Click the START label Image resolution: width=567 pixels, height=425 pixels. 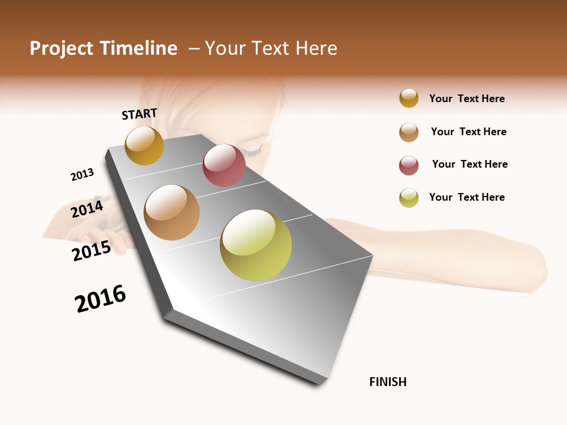(x=139, y=114)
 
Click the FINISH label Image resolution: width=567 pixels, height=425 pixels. (x=388, y=382)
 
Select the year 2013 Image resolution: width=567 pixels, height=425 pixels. (x=82, y=175)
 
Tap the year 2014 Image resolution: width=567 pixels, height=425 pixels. (x=87, y=209)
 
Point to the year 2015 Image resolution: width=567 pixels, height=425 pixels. (x=92, y=251)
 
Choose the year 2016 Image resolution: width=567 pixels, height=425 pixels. (x=100, y=299)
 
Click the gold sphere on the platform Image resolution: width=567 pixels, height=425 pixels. (x=144, y=145)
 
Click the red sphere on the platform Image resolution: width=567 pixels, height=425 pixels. (x=224, y=165)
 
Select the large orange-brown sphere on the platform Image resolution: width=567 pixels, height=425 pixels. (x=172, y=212)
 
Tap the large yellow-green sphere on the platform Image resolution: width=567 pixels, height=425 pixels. (x=256, y=245)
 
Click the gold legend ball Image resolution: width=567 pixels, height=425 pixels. (x=409, y=98)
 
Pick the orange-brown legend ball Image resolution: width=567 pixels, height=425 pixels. (x=409, y=132)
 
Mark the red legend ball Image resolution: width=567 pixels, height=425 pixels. (x=409, y=165)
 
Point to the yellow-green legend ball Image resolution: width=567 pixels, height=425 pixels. (x=409, y=198)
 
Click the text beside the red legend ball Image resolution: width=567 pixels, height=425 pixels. (x=470, y=164)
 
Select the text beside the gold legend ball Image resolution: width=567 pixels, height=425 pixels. (x=467, y=99)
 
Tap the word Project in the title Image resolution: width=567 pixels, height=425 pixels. (x=61, y=48)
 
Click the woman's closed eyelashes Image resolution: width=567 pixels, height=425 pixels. (x=254, y=153)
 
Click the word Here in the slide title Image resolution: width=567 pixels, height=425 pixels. (x=316, y=48)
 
